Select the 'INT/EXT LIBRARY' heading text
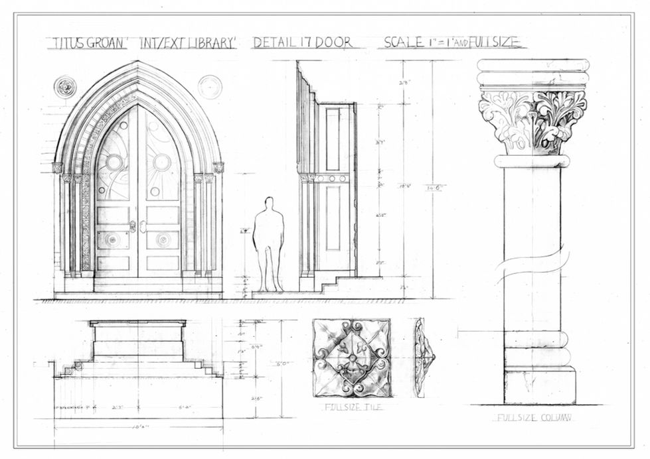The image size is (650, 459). (188, 43)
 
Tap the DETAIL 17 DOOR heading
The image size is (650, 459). (302, 43)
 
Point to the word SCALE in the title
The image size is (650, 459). (404, 42)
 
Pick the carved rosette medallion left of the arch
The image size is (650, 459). (64, 86)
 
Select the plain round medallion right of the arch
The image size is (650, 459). (210, 87)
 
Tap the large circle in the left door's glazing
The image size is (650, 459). (114, 162)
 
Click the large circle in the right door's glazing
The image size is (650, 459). (161, 162)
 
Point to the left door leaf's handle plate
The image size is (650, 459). (133, 226)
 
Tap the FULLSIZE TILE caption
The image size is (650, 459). (352, 407)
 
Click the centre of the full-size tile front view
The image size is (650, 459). (352, 358)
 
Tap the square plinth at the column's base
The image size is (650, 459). (539, 386)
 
